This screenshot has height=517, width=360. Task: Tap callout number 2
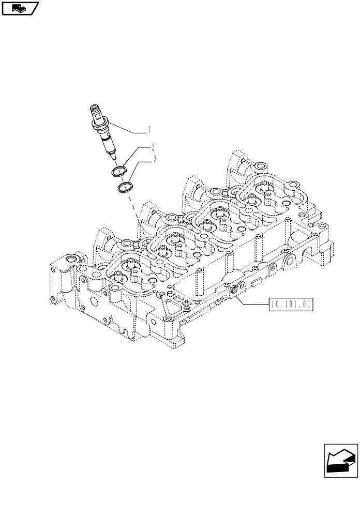154,147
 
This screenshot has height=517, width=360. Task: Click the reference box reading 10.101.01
290,305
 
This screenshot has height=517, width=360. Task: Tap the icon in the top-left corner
20,8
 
